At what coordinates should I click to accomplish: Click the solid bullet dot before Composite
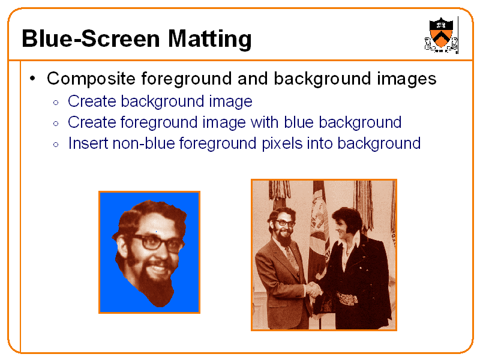coord(34,79)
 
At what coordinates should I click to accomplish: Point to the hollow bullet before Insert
coord(55,144)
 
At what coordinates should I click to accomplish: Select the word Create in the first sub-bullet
coord(92,101)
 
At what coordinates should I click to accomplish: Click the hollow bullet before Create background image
coord(55,102)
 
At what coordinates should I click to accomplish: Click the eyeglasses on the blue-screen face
coord(157,242)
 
